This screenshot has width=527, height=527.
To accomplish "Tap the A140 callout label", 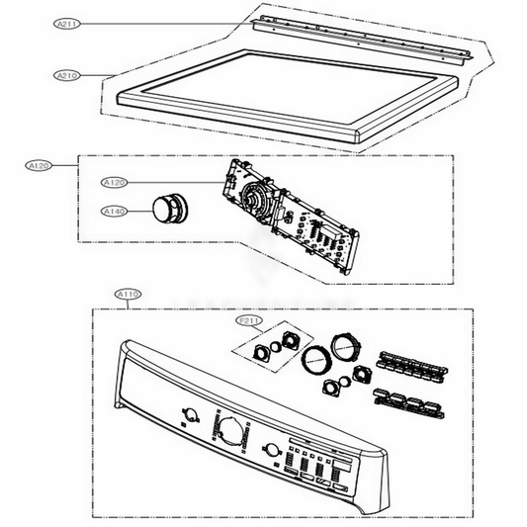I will (x=114, y=210).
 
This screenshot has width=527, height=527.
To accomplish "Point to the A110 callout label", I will (x=129, y=295).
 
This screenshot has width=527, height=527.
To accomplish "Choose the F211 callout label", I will (x=249, y=321).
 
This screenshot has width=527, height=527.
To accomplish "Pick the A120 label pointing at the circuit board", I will (x=115, y=183).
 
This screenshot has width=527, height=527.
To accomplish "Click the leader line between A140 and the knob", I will (x=138, y=210).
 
